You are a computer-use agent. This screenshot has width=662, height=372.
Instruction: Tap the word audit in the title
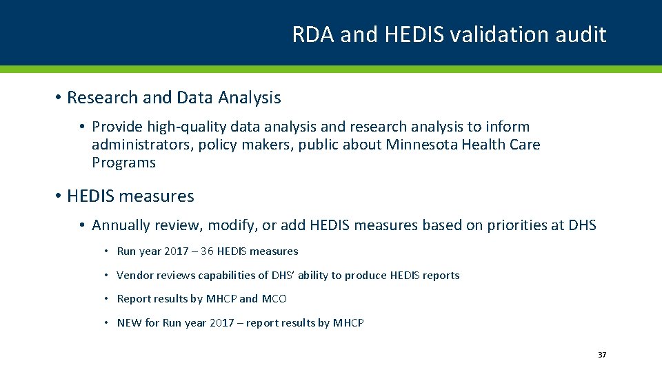[x=583, y=34]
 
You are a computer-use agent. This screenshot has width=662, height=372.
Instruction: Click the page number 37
[x=602, y=355]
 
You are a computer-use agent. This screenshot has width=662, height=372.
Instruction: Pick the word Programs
[x=123, y=163]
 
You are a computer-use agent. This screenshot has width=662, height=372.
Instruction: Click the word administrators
[x=143, y=145]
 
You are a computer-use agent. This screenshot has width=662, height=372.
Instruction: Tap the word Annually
[x=121, y=225]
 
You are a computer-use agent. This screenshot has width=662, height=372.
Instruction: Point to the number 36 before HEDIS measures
[x=207, y=251]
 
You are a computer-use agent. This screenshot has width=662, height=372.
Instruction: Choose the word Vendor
[x=135, y=276]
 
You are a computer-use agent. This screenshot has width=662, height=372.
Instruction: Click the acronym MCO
[x=274, y=299]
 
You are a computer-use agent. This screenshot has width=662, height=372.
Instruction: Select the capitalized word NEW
[x=129, y=322]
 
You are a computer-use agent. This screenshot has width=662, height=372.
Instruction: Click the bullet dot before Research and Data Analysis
[x=59, y=98]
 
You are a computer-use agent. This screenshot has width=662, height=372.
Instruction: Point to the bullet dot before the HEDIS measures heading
[x=59, y=196]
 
